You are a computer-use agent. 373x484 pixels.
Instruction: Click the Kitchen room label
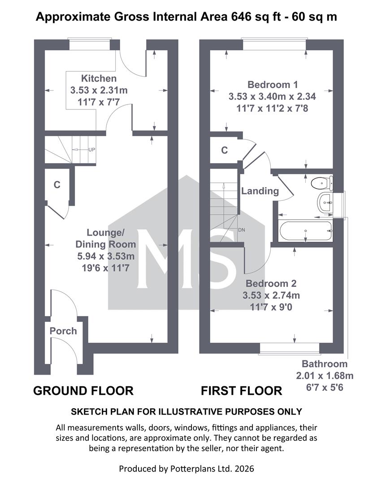coord(99,78)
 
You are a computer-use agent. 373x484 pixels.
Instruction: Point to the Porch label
coord(63,331)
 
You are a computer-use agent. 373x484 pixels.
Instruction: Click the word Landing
coord(260,191)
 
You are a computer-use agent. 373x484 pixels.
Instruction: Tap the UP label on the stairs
coord(92,150)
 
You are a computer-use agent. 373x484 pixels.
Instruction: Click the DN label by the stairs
coord(242,230)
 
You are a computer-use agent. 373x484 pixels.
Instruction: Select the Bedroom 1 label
coord(273,85)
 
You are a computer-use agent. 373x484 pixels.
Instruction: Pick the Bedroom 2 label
coord(271,283)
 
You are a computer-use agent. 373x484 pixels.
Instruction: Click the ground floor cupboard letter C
coord(57,185)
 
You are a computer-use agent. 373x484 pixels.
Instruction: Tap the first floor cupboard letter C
coord(225,150)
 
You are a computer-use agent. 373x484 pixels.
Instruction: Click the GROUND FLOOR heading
coord(83,391)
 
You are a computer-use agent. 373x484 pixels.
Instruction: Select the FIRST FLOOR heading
coord(242,391)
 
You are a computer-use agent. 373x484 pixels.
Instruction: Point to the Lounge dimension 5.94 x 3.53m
coord(106,256)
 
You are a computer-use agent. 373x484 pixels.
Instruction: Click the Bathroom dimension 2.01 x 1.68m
coord(325,376)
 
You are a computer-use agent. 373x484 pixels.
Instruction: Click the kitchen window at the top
coord(90,44)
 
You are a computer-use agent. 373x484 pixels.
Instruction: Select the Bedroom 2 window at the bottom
coord(290,349)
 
